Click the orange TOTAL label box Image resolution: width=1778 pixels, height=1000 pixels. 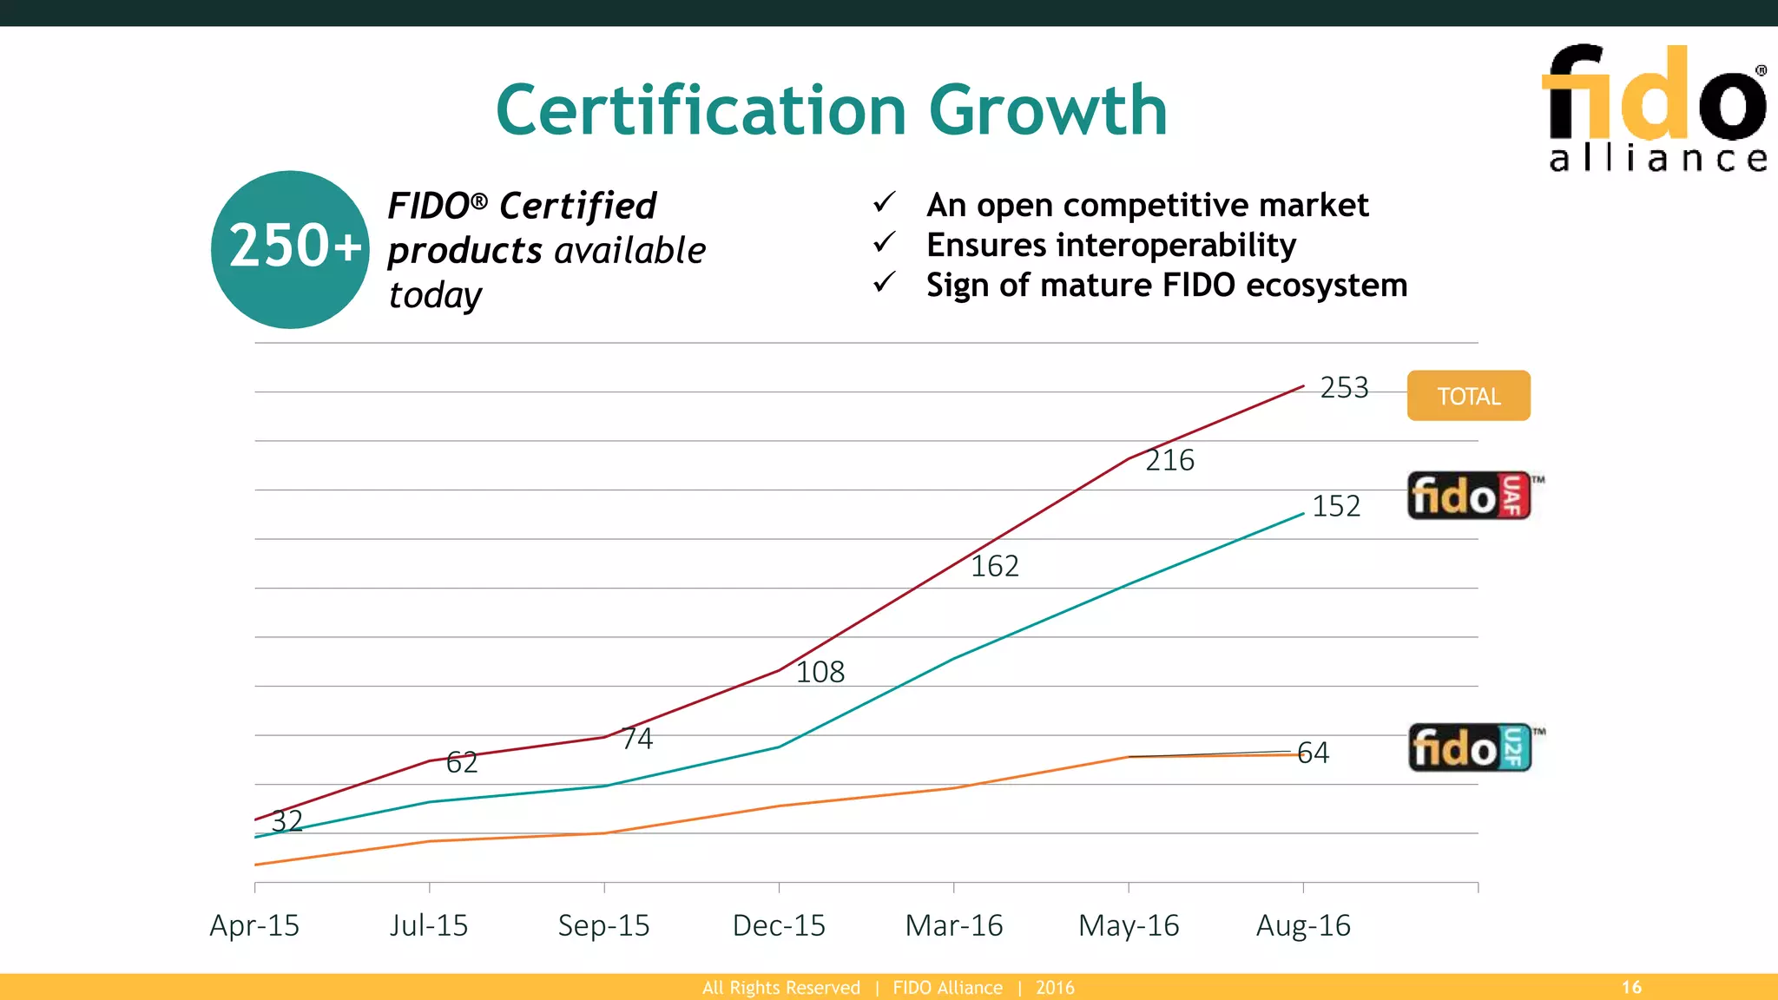tap(1468, 396)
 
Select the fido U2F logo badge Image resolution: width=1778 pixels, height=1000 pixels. tap(1470, 747)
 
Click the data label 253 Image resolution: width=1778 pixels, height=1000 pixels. tap(1344, 387)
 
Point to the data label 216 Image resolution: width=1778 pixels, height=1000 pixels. tap(1169, 460)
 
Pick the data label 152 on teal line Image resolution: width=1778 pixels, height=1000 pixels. tap(1335, 506)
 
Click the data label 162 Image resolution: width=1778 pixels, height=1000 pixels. tap(994, 566)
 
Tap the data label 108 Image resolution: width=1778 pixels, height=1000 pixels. tap(820, 672)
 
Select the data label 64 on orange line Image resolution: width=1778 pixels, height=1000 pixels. tap(1313, 753)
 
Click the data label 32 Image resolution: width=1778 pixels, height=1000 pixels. tap(287, 820)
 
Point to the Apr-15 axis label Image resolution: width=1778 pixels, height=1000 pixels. tap(254, 925)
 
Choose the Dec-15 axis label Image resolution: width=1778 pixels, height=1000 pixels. tap(779, 925)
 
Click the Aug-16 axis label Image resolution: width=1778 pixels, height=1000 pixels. tap(1303, 925)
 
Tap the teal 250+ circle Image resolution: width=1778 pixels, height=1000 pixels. tap(291, 250)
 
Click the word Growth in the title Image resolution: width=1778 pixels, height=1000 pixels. tap(1048, 110)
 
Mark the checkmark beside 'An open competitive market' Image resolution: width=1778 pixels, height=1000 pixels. tap(884, 203)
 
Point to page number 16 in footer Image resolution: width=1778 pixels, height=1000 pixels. tap(1631, 987)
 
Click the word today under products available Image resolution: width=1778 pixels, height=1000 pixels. tap(435, 295)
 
